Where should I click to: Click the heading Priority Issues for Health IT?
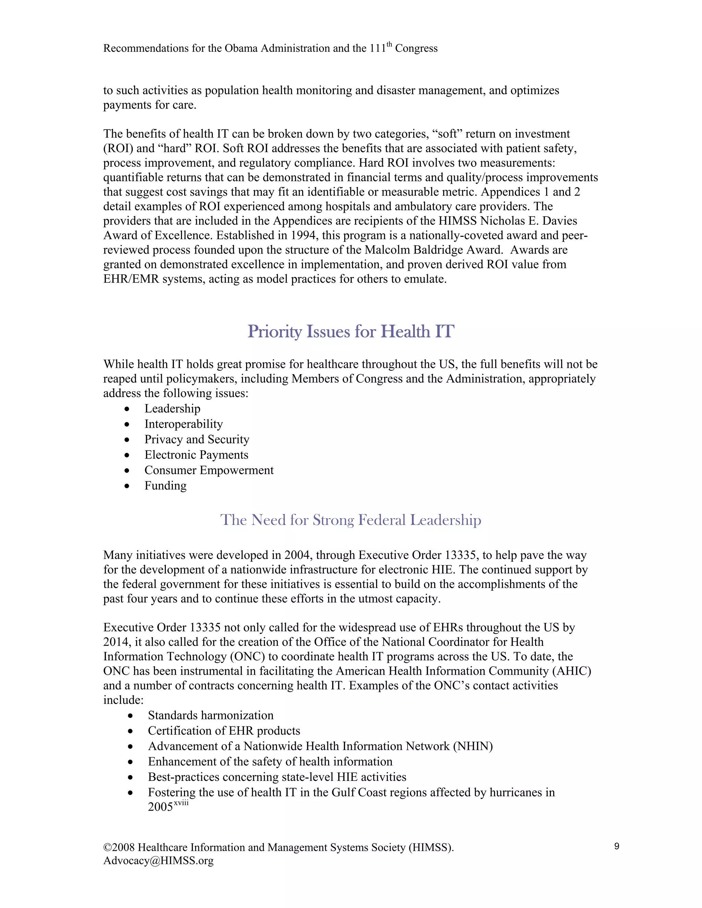351,332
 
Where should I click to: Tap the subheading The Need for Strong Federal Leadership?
351,520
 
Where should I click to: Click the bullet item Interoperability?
183,424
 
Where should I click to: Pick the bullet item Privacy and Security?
197,440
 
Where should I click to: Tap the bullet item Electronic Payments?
196,455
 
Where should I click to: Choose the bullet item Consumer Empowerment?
209,470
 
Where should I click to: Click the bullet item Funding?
165,486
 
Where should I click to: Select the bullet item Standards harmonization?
210,715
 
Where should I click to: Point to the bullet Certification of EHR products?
224,731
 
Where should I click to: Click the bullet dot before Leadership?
127,409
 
